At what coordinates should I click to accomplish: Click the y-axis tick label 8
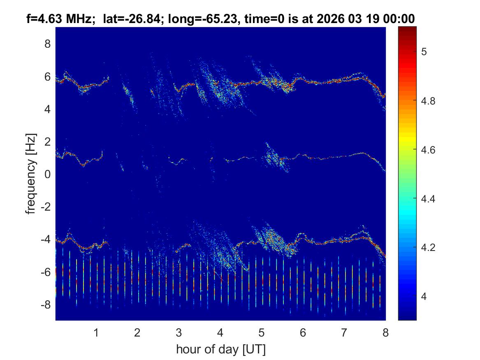(x=47, y=44)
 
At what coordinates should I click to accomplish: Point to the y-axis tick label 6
(x=47, y=77)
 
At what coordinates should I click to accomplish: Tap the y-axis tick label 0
(x=47, y=174)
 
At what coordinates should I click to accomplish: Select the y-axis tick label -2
(x=45, y=207)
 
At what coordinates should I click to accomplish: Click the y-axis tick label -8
(x=45, y=305)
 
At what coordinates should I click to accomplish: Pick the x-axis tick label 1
(x=96, y=332)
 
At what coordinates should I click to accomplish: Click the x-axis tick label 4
(x=220, y=332)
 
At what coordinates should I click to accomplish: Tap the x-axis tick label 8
(x=385, y=332)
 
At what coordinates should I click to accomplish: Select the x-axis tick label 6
(x=303, y=332)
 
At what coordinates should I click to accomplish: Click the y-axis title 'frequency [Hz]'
(x=31, y=174)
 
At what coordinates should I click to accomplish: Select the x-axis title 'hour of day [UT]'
(x=220, y=350)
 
